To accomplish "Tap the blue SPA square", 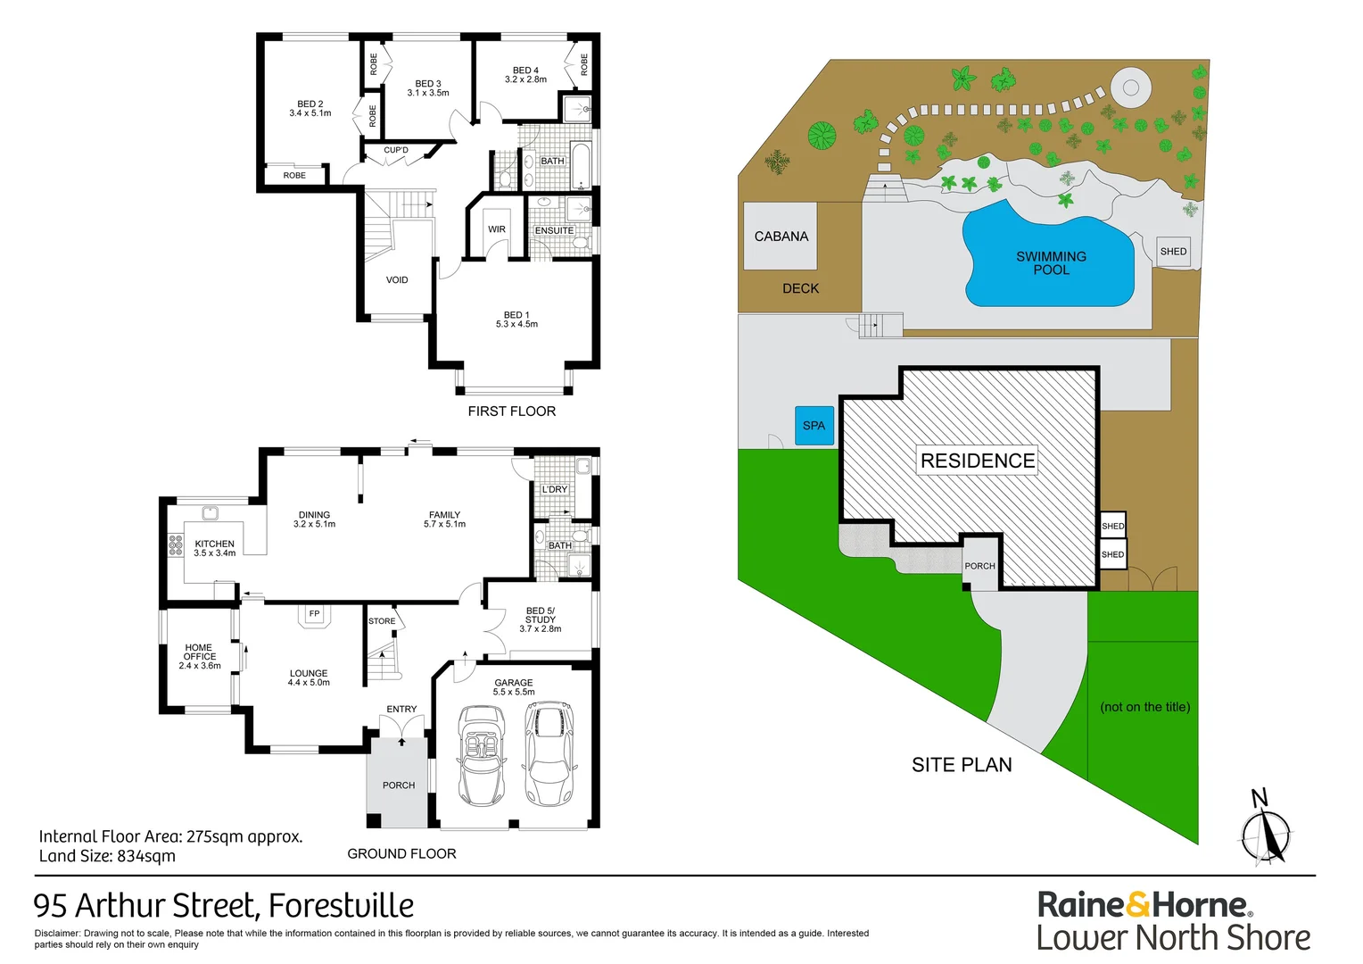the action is tap(814, 426).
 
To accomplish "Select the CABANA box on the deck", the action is tap(781, 236).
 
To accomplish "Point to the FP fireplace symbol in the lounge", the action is tap(314, 615).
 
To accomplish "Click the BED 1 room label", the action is tap(516, 319).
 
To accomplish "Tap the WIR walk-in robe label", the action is tap(497, 229).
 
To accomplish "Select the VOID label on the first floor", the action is tap(397, 280).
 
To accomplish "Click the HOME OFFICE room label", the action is tap(199, 656).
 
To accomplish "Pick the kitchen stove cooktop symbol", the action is tap(175, 544).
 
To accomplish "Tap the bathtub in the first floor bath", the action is tap(581, 166).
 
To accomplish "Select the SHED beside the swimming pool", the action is tap(1173, 252).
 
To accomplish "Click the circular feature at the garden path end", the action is tap(1130, 87).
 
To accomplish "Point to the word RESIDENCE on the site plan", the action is tap(978, 461).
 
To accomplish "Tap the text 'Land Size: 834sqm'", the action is tap(107, 856).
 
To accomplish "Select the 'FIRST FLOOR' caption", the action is tap(512, 411).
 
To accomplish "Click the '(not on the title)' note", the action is tap(1144, 707).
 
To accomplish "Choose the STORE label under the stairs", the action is tap(382, 621).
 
